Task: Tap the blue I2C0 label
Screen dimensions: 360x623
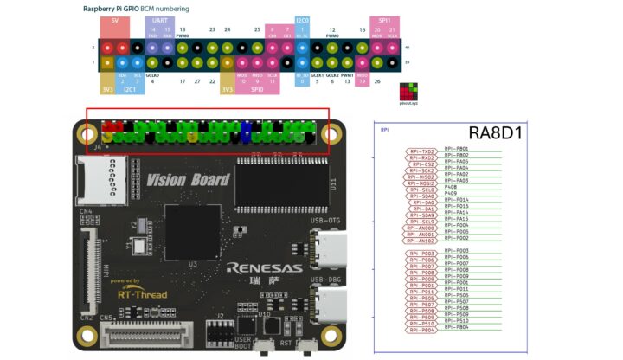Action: tap(303, 19)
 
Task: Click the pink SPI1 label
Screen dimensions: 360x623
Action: tap(382, 19)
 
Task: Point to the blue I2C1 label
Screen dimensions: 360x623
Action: tap(129, 88)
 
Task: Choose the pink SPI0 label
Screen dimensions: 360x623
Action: tap(257, 88)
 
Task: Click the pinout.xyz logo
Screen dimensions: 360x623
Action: tap(408, 93)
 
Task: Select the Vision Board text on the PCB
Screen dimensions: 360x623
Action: tap(188, 179)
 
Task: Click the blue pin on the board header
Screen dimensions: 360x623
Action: tap(247, 132)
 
